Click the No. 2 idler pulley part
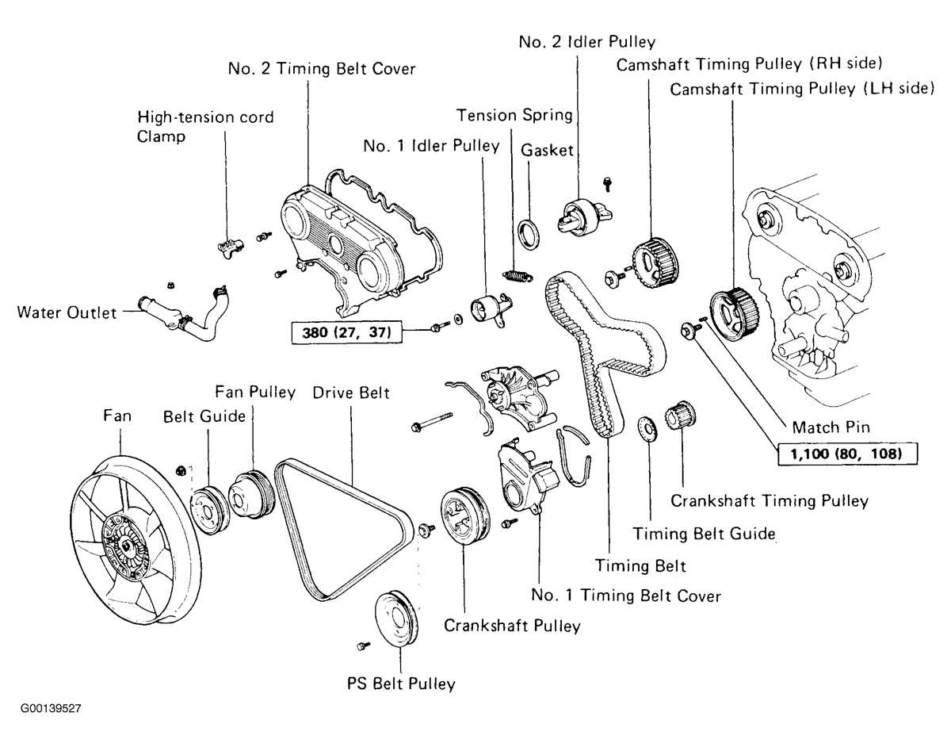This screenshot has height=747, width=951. (x=580, y=216)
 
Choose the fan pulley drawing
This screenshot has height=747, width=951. (x=250, y=496)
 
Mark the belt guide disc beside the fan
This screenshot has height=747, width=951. (x=209, y=508)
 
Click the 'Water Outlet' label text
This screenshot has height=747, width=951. (x=66, y=312)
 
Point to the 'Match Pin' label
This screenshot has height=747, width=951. (x=831, y=427)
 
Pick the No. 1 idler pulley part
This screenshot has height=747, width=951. (x=487, y=307)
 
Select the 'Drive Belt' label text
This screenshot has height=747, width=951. (x=350, y=393)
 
